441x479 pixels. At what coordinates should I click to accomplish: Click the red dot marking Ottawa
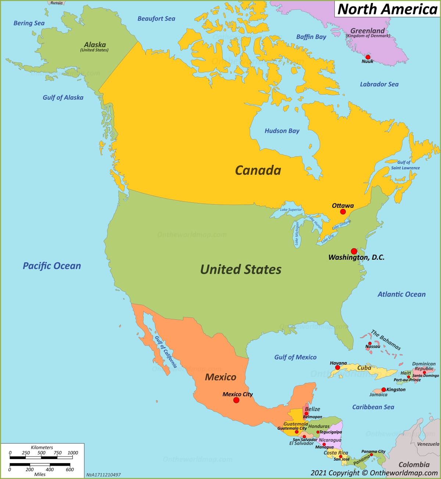tap(343, 212)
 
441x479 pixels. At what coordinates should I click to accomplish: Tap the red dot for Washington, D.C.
tap(354, 251)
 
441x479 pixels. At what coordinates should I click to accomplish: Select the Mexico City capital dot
tap(236, 400)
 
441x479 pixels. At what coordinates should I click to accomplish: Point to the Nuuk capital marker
tap(368, 57)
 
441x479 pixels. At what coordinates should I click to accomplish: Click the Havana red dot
tap(337, 368)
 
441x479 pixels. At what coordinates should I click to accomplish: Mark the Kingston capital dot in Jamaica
tap(384, 390)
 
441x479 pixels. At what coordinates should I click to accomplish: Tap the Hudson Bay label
tap(282, 131)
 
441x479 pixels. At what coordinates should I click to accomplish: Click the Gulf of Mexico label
tap(295, 357)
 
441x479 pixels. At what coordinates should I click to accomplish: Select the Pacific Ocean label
tap(52, 266)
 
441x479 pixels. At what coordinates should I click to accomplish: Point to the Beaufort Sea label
tap(156, 19)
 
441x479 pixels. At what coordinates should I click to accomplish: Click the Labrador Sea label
tap(379, 84)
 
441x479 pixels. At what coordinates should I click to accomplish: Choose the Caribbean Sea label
tap(373, 407)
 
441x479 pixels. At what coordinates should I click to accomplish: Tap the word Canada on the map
tap(258, 170)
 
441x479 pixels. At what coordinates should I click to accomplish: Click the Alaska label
tap(95, 45)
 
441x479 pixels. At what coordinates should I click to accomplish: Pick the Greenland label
tap(367, 31)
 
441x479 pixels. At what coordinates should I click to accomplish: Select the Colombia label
tap(414, 465)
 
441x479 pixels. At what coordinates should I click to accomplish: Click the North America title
tap(387, 9)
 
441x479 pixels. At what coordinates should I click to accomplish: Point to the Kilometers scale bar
tap(41, 458)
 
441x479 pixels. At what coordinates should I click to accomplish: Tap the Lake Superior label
tap(291, 210)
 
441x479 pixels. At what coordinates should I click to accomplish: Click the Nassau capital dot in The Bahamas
tap(370, 343)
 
